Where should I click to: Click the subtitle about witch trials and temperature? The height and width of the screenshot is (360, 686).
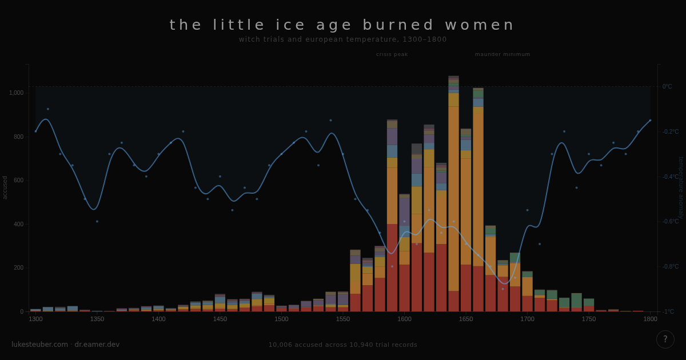pos(342,39)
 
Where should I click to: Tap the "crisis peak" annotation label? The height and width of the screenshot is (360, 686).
pos(392,54)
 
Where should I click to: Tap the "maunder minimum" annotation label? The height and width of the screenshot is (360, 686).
pos(502,54)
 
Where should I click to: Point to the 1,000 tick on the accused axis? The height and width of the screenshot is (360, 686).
pos(16,93)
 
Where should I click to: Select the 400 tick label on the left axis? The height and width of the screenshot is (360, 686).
pos(18,224)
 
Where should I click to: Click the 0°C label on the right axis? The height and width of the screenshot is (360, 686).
pos(667,87)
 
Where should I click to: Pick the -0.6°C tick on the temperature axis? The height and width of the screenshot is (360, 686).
pos(670,222)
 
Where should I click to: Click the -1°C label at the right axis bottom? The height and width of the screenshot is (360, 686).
pos(668,311)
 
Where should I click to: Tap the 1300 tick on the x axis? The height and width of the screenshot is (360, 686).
pos(35,319)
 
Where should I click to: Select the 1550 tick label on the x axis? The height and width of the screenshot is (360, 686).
pos(342,319)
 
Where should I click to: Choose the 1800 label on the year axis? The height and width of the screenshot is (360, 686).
pos(650,319)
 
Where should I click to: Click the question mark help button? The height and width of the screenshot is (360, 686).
pos(665,339)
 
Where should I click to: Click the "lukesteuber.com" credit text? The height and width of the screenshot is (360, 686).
pos(39,345)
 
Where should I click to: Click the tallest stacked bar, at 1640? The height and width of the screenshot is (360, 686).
pos(453,194)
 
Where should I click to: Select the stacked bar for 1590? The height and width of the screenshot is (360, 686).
pos(392,217)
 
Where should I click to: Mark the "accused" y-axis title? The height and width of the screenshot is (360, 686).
pos(5,187)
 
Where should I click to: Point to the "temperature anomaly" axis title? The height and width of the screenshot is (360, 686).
pos(680,187)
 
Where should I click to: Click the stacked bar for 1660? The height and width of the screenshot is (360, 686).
pos(478,200)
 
